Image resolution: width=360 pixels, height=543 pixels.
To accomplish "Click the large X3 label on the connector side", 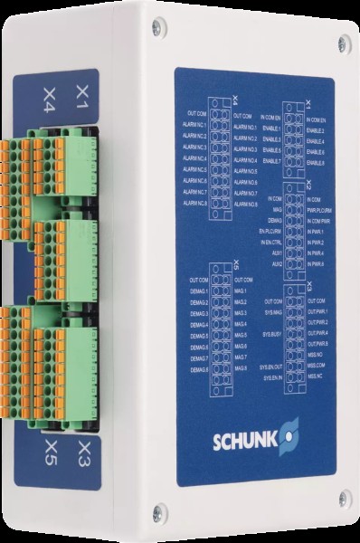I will pos(85,449).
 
